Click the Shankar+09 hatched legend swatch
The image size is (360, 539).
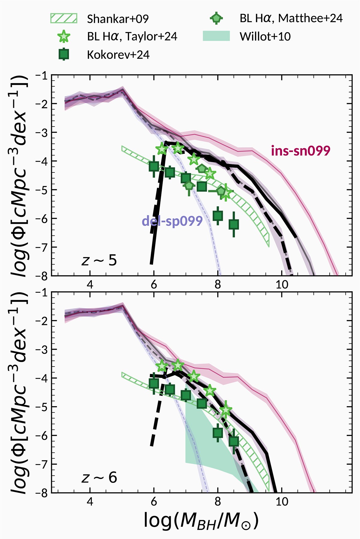point(64,19)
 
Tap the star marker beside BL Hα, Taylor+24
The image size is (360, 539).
point(64,37)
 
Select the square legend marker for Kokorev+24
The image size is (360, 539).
point(64,55)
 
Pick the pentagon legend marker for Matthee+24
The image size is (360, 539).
point(216,19)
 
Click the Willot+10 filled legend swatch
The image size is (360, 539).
point(216,36)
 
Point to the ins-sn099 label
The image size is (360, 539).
point(300,151)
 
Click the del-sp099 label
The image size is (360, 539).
point(172,221)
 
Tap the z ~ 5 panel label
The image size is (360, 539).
point(99,260)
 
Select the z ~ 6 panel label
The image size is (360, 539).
point(99,477)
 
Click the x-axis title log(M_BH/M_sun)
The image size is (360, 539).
point(201,521)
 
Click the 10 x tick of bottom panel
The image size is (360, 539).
point(282,501)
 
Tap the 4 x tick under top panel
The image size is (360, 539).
point(90,284)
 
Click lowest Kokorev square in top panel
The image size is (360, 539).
point(234,224)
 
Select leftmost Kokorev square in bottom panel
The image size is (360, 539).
point(154,383)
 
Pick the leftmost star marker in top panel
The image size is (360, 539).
point(162,148)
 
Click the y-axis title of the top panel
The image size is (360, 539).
point(19,175)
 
